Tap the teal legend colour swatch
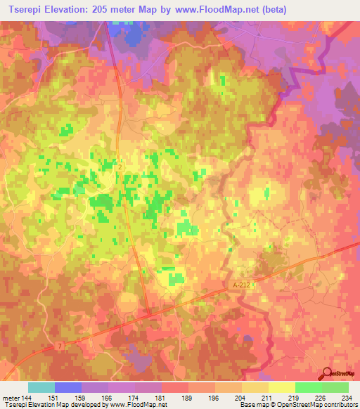pos(41,387)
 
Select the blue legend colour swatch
pos(68,387)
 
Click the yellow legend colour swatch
pos(281,387)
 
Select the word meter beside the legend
pos(10,398)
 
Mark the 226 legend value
pos(321,398)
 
